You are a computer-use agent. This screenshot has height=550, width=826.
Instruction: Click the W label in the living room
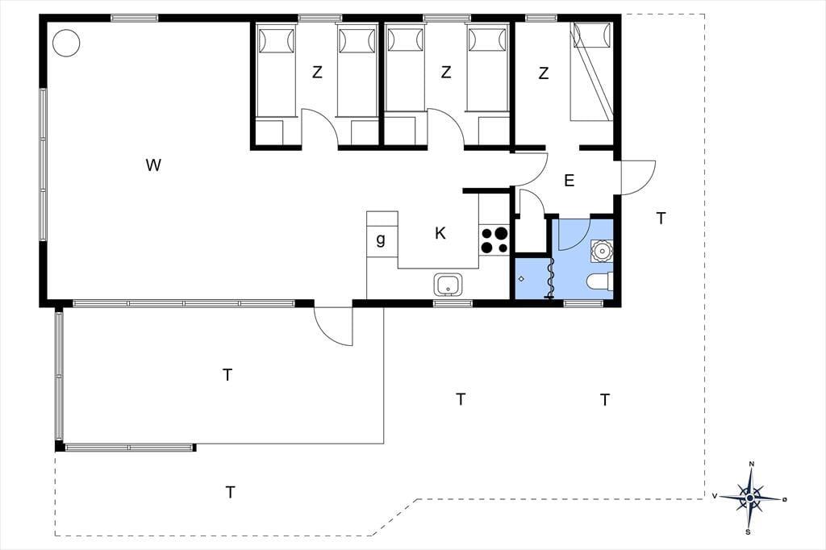pyautogui.click(x=152, y=165)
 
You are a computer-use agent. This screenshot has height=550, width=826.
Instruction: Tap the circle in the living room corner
pyautogui.click(x=66, y=43)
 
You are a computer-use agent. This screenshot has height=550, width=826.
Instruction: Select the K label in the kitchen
pyautogui.click(x=440, y=233)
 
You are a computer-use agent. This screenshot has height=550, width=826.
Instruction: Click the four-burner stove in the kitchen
pyautogui.click(x=494, y=240)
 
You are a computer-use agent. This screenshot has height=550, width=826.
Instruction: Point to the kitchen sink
pyautogui.click(x=448, y=285)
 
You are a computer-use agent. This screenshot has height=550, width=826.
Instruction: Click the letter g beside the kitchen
pyautogui.click(x=381, y=240)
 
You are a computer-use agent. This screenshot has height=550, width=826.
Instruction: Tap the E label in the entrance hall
pyautogui.click(x=569, y=181)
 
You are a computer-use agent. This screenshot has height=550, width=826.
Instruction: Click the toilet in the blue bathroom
pyautogui.click(x=600, y=281)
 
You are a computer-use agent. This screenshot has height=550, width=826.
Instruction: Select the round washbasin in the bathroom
pyautogui.click(x=602, y=250)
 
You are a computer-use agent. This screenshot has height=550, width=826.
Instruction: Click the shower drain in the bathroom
pyautogui.click(x=522, y=279)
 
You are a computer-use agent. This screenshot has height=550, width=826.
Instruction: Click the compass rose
pyautogui.click(x=750, y=498)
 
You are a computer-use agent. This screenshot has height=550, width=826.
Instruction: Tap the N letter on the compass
pyautogui.click(x=752, y=465)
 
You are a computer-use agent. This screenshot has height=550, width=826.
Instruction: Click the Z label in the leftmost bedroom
pyautogui.click(x=316, y=72)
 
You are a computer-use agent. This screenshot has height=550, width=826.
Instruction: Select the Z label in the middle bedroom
pyautogui.click(x=446, y=72)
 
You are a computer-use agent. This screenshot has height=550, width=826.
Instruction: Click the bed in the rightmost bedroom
pyautogui.click(x=591, y=72)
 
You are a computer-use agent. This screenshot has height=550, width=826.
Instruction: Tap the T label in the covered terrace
pyautogui.click(x=227, y=375)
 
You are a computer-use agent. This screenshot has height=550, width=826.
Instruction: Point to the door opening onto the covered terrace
pyautogui.click(x=333, y=327)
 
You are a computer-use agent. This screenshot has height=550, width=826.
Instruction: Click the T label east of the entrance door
pyautogui.click(x=661, y=218)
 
